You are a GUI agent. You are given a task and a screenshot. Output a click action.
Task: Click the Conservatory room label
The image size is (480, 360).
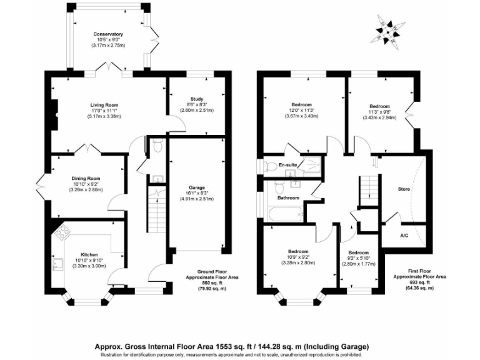tap(108, 34)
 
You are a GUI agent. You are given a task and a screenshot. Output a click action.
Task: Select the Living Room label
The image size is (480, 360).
tap(104, 105)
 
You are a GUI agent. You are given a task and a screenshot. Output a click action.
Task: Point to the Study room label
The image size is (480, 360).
tap(197, 99)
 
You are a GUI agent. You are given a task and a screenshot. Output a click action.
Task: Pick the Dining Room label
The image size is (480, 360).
tap(86, 178)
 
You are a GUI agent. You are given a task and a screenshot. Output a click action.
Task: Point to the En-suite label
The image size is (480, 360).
tap(287, 166)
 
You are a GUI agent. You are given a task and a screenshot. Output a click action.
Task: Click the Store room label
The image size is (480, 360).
tap(404, 187)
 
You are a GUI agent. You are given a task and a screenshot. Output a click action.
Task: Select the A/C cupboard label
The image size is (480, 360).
tap(404, 236)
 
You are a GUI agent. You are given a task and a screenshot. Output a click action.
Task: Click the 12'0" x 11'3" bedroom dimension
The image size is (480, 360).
tap(302, 111)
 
